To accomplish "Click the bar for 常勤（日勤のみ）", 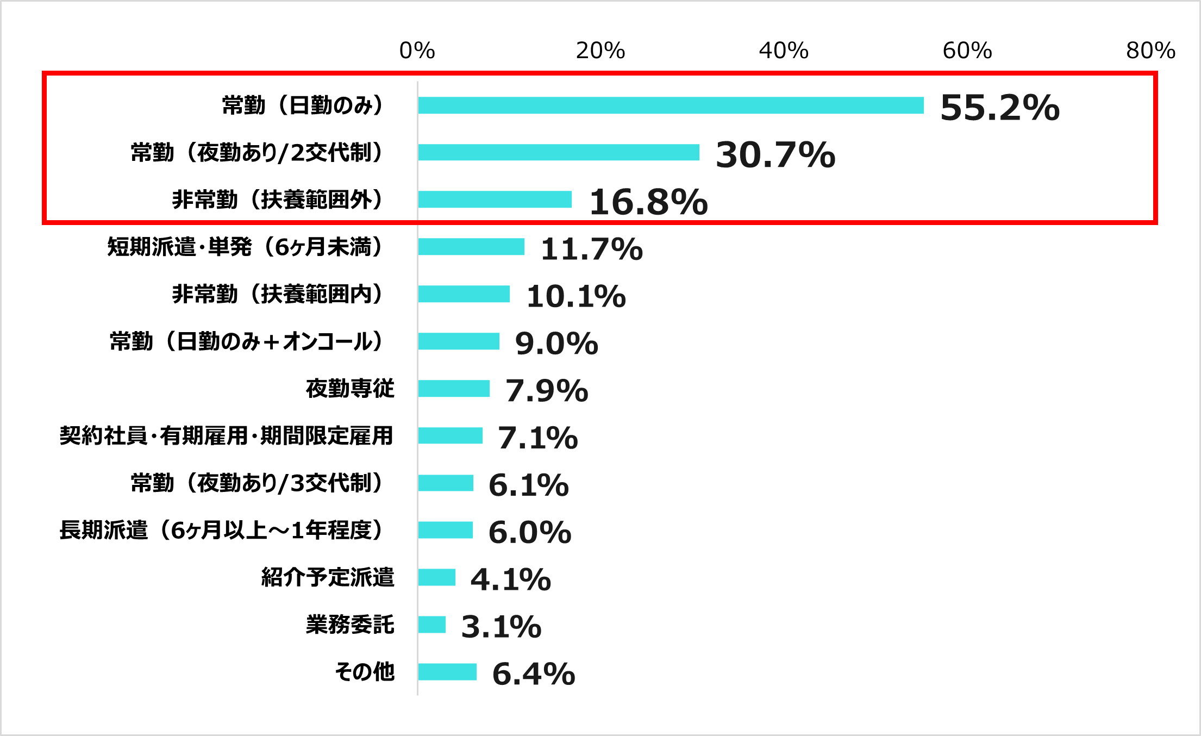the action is (x=671, y=105).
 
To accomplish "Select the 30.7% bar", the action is (x=559, y=153).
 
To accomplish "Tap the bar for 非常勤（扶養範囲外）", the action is (x=495, y=199).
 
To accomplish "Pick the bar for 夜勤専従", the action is (x=454, y=389).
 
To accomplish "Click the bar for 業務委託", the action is (x=432, y=625).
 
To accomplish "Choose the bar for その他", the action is (x=447, y=672).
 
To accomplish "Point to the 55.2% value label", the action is (x=1000, y=107).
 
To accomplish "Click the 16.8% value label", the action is (x=649, y=202).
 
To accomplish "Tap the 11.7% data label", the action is (x=592, y=249).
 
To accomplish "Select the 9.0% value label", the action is (x=556, y=344).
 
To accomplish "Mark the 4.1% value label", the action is (x=511, y=579).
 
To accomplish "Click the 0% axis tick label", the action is (x=417, y=51).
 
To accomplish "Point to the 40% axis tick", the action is (x=784, y=51).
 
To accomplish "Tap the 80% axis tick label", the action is (x=1150, y=51).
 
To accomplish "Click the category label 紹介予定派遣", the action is (x=328, y=577).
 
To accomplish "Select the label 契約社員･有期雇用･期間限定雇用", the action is (x=227, y=436).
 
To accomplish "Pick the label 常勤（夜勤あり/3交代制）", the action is (x=258, y=483).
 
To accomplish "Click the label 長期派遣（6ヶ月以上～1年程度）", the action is (x=222, y=531).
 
